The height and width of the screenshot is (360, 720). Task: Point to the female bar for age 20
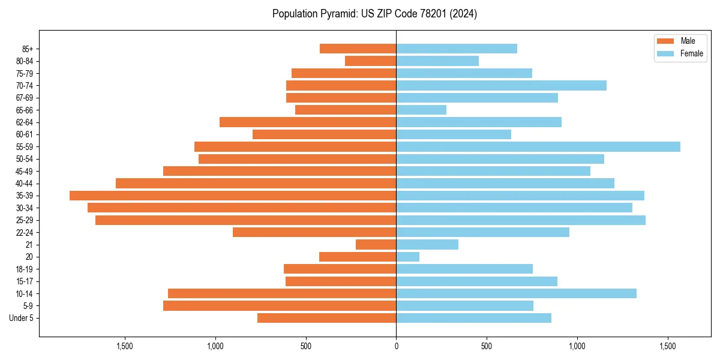408,257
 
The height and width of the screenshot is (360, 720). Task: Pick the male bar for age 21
376,244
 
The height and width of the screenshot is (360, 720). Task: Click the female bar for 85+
457,49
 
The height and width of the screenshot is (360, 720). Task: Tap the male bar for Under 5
327,318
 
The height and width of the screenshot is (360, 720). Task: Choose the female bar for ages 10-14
516,293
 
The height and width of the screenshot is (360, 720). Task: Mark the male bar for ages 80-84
371,61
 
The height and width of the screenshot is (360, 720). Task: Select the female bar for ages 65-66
421,110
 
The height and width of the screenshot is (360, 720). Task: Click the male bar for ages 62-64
308,122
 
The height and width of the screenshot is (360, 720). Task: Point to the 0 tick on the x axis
396,346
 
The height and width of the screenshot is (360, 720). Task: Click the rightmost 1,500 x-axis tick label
668,346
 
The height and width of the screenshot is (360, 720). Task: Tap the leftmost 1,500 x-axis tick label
124,346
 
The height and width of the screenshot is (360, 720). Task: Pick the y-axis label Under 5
22,318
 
